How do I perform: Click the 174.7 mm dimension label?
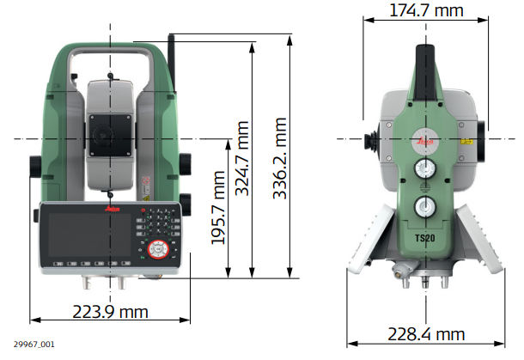(x=426, y=10)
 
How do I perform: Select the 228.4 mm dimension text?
(x=426, y=334)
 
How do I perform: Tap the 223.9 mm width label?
(x=110, y=312)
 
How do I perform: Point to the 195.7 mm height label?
(x=218, y=208)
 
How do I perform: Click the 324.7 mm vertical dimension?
(x=242, y=158)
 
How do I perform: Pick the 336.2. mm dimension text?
(x=280, y=158)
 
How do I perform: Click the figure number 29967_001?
(x=34, y=345)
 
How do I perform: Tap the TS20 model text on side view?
(x=425, y=238)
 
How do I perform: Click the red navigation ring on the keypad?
(x=158, y=250)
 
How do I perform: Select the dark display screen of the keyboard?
(x=89, y=235)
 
